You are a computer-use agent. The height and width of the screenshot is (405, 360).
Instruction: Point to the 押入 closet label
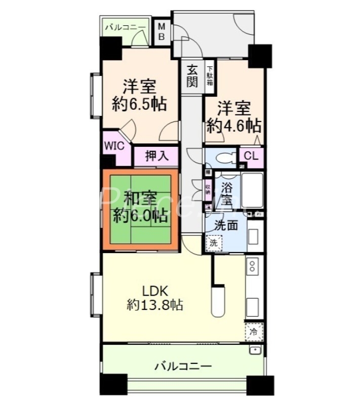click(x=156, y=156)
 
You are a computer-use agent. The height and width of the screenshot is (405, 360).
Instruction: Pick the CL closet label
click(x=251, y=155)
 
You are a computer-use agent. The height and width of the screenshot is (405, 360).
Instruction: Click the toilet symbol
click(x=223, y=158)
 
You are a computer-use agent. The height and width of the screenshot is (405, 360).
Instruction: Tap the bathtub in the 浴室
click(x=254, y=190)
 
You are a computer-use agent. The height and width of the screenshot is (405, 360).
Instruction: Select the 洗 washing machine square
click(x=214, y=242)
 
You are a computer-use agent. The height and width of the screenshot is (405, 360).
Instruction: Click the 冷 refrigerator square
click(x=253, y=332)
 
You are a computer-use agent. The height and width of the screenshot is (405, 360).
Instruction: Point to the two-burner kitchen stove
click(x=253, y=265)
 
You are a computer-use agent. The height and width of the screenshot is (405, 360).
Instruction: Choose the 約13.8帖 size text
click(x=155, y=305)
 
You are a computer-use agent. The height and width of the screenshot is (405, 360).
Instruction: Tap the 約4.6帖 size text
click(x=233, y=125)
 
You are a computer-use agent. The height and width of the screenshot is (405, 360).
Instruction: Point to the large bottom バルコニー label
click(x=183, y=366)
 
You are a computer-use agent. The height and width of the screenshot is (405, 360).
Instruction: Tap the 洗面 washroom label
click(x=226, y=226)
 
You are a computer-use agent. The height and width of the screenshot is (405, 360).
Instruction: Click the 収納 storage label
click(x=208, y=190)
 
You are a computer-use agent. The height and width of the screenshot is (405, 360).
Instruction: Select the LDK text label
click(x=155, y=291)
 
